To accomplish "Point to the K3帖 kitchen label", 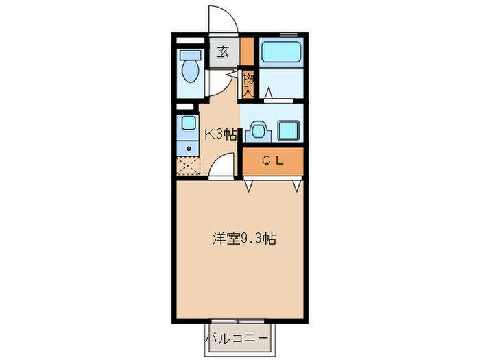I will tap(219, 134).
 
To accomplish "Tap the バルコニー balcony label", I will tap(239, 339).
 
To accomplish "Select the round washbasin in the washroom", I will tap(259, 130).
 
